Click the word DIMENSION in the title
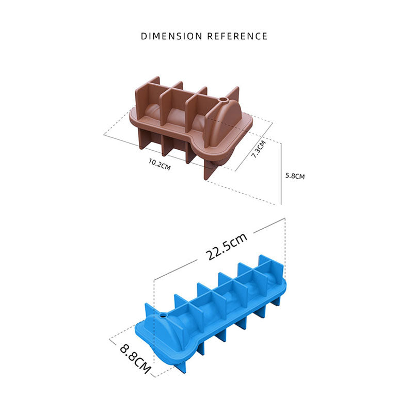coord(172,36)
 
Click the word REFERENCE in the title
coord(237,36)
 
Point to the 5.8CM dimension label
coord(295,176)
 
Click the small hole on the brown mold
coord(224,98)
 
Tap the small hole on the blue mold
coord(164,314)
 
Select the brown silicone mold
coord(191,126)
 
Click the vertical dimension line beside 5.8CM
coord(281,173)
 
